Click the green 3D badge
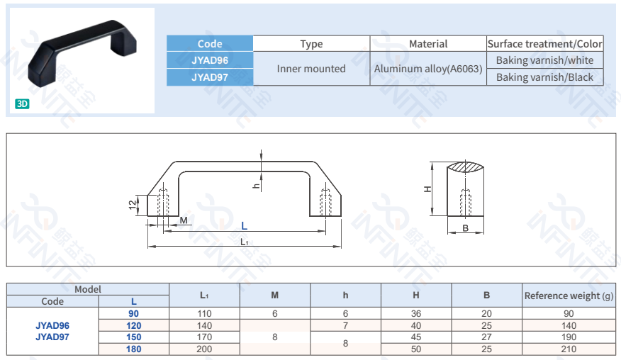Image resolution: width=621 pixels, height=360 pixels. point(22,103)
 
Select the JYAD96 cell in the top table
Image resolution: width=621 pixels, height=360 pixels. point(209,60)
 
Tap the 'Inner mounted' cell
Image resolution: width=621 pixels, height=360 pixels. point(311,69)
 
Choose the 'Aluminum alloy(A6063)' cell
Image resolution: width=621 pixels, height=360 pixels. point(428,69)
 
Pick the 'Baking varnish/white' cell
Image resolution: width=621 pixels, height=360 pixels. point(544,60)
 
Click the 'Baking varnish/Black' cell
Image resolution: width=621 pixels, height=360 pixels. point(544,77)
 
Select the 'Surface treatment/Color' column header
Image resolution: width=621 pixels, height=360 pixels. point(544,44)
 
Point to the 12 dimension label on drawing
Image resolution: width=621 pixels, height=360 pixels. point(133,204)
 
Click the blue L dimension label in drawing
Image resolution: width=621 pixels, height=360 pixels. point(244,226)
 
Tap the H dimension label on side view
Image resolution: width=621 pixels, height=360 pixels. point(427,189)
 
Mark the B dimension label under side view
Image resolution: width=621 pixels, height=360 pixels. point(466,228)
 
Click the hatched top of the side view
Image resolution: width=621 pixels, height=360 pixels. point(466,167)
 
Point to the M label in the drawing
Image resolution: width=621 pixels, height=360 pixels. point(184,220)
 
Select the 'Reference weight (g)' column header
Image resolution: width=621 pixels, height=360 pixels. point(569,296)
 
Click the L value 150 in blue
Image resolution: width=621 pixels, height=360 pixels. point(133,337)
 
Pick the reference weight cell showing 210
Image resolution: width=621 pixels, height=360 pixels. point(569,349)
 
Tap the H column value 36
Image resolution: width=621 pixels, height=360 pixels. point(416,313)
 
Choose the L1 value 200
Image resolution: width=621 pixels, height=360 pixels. point(204,349)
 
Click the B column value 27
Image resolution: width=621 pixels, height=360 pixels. point(486,337)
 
